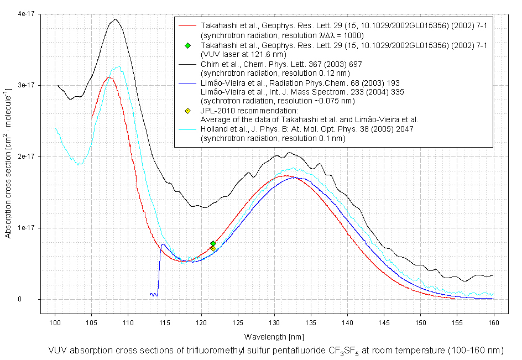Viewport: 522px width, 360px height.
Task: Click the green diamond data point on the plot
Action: (213, 243)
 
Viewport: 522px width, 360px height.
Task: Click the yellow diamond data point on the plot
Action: (213, 249)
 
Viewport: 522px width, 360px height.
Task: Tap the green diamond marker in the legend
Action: (188, 45)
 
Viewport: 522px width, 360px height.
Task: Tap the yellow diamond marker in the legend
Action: (188, 111)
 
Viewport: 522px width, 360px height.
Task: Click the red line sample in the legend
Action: (188, 26)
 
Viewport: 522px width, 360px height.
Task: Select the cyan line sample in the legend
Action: (188, 130)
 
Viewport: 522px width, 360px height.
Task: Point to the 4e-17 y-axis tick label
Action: (25, 14)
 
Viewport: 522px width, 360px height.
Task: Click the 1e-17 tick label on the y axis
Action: (25, 228)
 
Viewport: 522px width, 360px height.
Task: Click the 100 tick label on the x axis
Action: (55, 321)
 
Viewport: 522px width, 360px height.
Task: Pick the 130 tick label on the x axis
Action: (274, 321)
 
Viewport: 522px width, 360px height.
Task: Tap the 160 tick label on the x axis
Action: (493, 321)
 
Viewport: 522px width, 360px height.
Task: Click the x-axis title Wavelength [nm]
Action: (274, 336)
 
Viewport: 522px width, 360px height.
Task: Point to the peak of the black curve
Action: (115, 19)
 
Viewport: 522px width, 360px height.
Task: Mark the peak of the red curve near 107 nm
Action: (109, 77)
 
